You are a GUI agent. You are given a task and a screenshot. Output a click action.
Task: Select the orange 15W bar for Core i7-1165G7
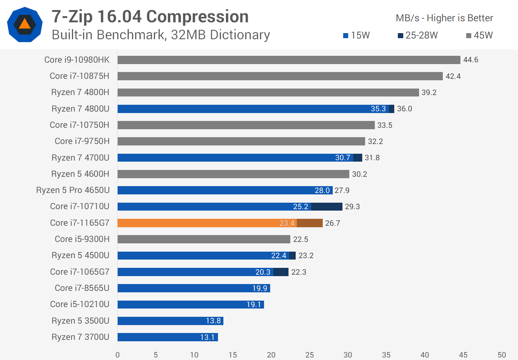tap(207, 223)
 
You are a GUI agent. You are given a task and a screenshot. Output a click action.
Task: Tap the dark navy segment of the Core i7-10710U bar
tap(327, 207)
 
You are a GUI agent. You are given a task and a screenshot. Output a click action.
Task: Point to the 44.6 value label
tap(471, 60)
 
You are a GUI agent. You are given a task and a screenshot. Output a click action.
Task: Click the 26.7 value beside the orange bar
tap(332, 223)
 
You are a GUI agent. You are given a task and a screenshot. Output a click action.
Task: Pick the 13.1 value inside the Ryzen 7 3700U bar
tap(207, 337)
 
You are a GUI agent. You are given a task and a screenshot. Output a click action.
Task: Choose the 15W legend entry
tap(356, 35)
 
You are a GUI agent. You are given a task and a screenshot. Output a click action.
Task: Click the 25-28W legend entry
tap(418, 35)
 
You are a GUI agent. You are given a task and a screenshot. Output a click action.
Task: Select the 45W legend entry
tap(479, 35)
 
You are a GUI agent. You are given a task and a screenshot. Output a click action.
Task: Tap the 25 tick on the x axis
tap(309, 355)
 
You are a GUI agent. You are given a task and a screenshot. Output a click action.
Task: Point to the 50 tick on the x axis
tap(501, 355)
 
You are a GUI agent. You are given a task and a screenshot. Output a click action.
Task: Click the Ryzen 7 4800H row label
tap(80, 92)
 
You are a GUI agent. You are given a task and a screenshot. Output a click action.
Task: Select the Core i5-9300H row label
tap(82, 239)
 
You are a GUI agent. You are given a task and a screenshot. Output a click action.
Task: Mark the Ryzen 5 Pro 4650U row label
tap(73, 190)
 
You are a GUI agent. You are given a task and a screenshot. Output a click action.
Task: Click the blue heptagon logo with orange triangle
tap(25, 24)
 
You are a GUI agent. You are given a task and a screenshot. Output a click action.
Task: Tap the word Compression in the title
tap(197, 17)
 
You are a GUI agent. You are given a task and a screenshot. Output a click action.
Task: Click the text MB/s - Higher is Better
tap(444, 18)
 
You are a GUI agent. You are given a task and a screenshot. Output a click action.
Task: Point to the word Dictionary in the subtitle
tap(240, 35)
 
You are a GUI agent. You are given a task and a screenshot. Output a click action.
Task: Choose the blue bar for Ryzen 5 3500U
tap(170, 321)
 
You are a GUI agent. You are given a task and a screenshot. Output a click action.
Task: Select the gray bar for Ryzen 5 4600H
tap(233, 174)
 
